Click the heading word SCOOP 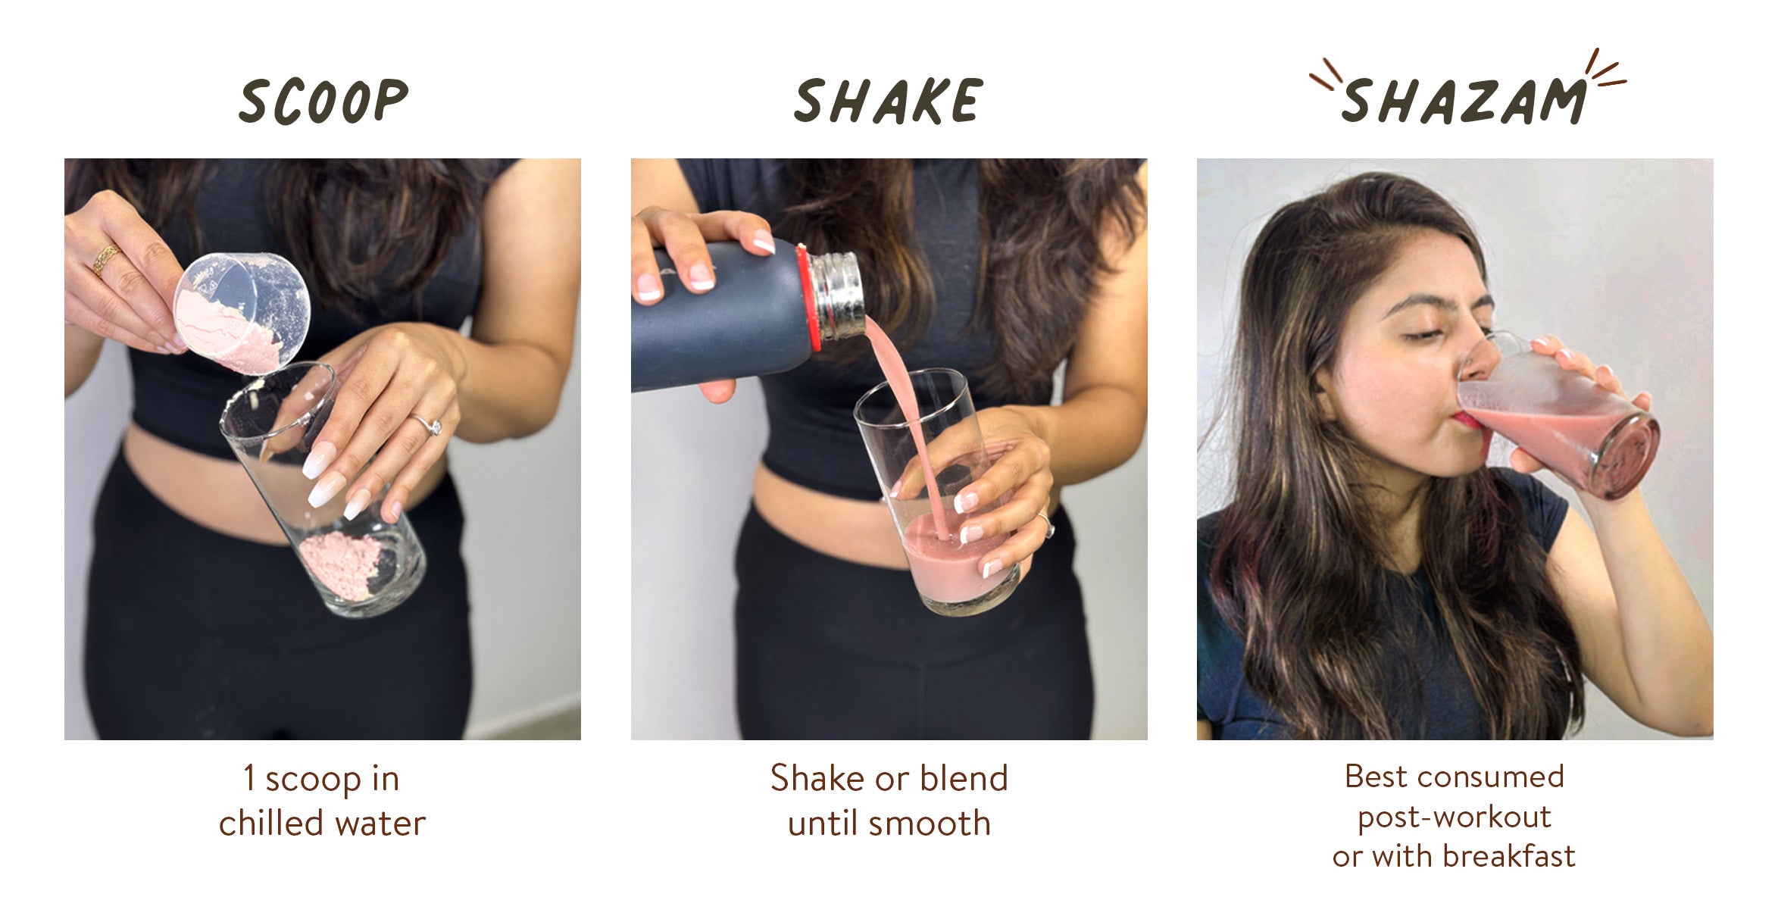[x=323, y=101]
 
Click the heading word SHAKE [x=888, y=101]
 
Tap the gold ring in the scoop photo [x=105, y=259]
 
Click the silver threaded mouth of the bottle [x=837, y=295]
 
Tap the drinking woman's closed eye [x=1425, y=335]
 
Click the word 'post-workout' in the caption [x=1455, y=817]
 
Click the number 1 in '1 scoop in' [x=249, y=778]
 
